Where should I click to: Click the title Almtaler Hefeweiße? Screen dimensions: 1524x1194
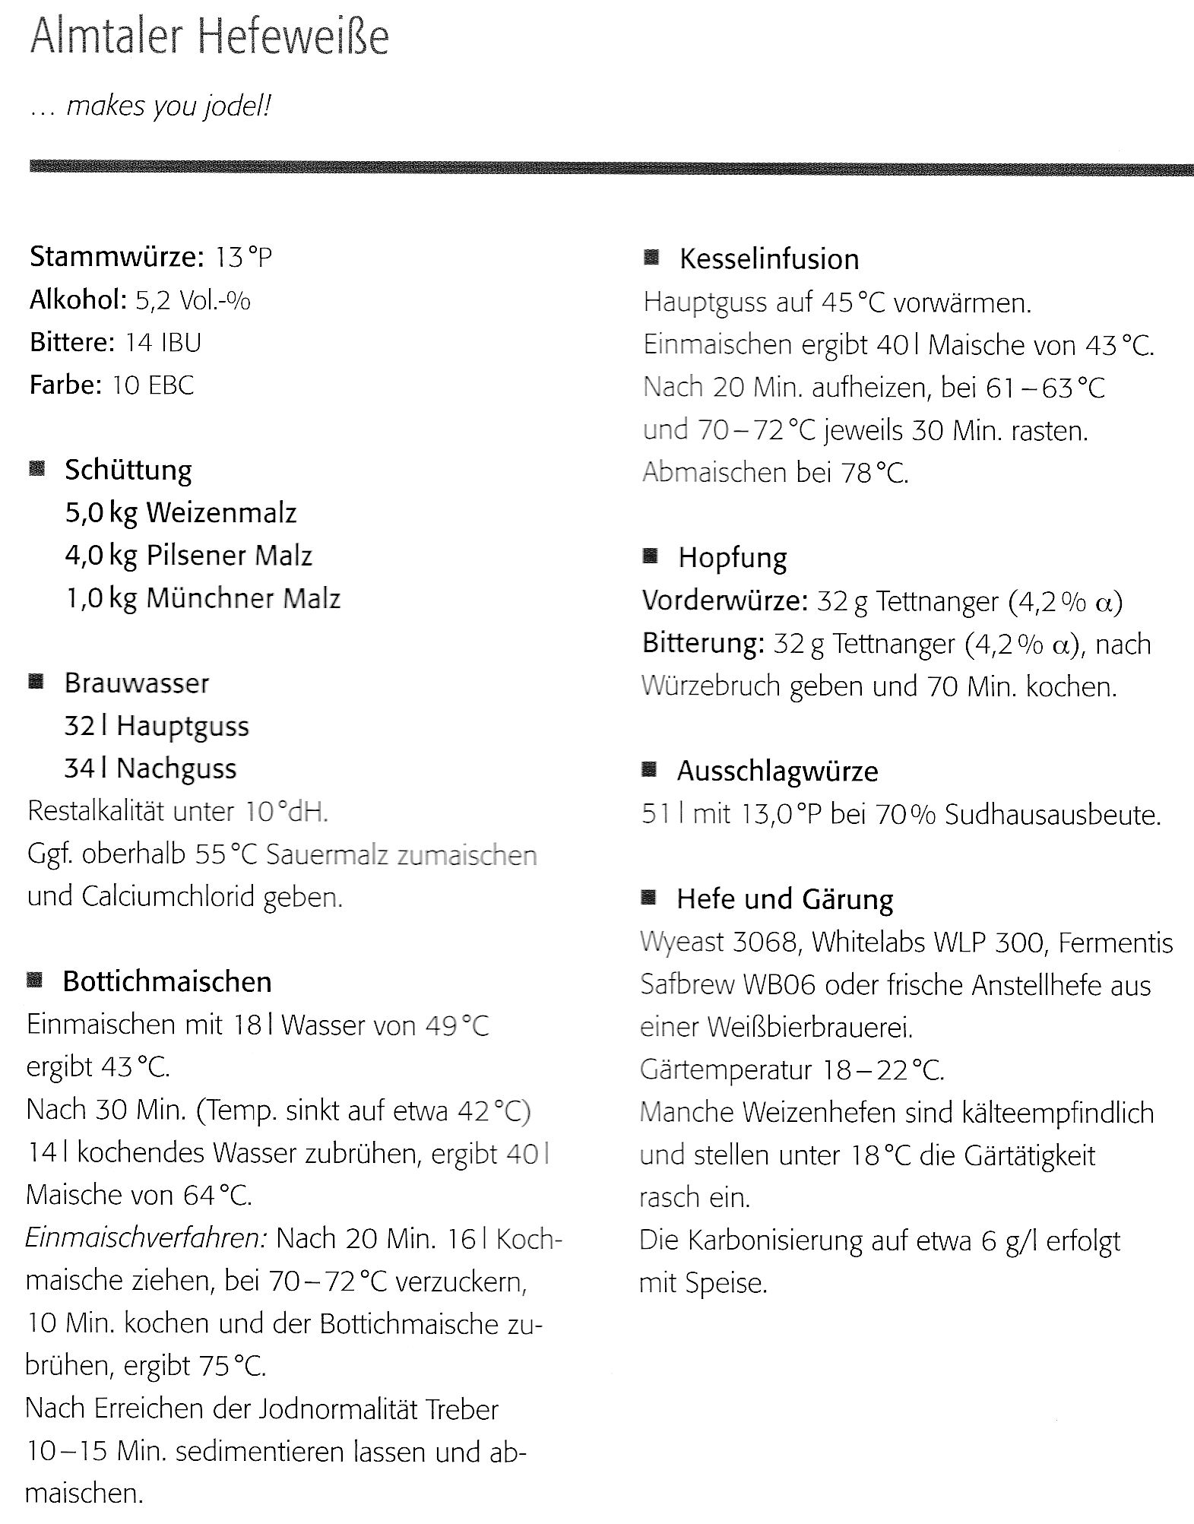[x=209, y=38]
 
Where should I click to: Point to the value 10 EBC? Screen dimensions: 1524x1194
[x=153, y=385]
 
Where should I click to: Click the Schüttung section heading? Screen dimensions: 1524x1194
[x=128, y=470]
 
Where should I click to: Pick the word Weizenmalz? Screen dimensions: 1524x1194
[x=221, y=513]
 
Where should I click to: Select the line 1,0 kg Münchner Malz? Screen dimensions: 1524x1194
[x=202, y=598]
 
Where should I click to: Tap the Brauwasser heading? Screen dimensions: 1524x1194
[x=136, y=683]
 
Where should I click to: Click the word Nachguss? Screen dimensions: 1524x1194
[x=176, y=768]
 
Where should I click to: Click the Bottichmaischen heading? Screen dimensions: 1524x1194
[x=167, y=982]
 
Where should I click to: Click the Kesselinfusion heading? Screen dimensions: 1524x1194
[x=769, y=259]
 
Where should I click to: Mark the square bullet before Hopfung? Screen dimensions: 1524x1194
[x=650, y=556]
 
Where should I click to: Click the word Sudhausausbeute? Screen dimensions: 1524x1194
[x=1053, y=816]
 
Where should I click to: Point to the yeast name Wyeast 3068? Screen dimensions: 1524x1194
[x=719, y=943]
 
